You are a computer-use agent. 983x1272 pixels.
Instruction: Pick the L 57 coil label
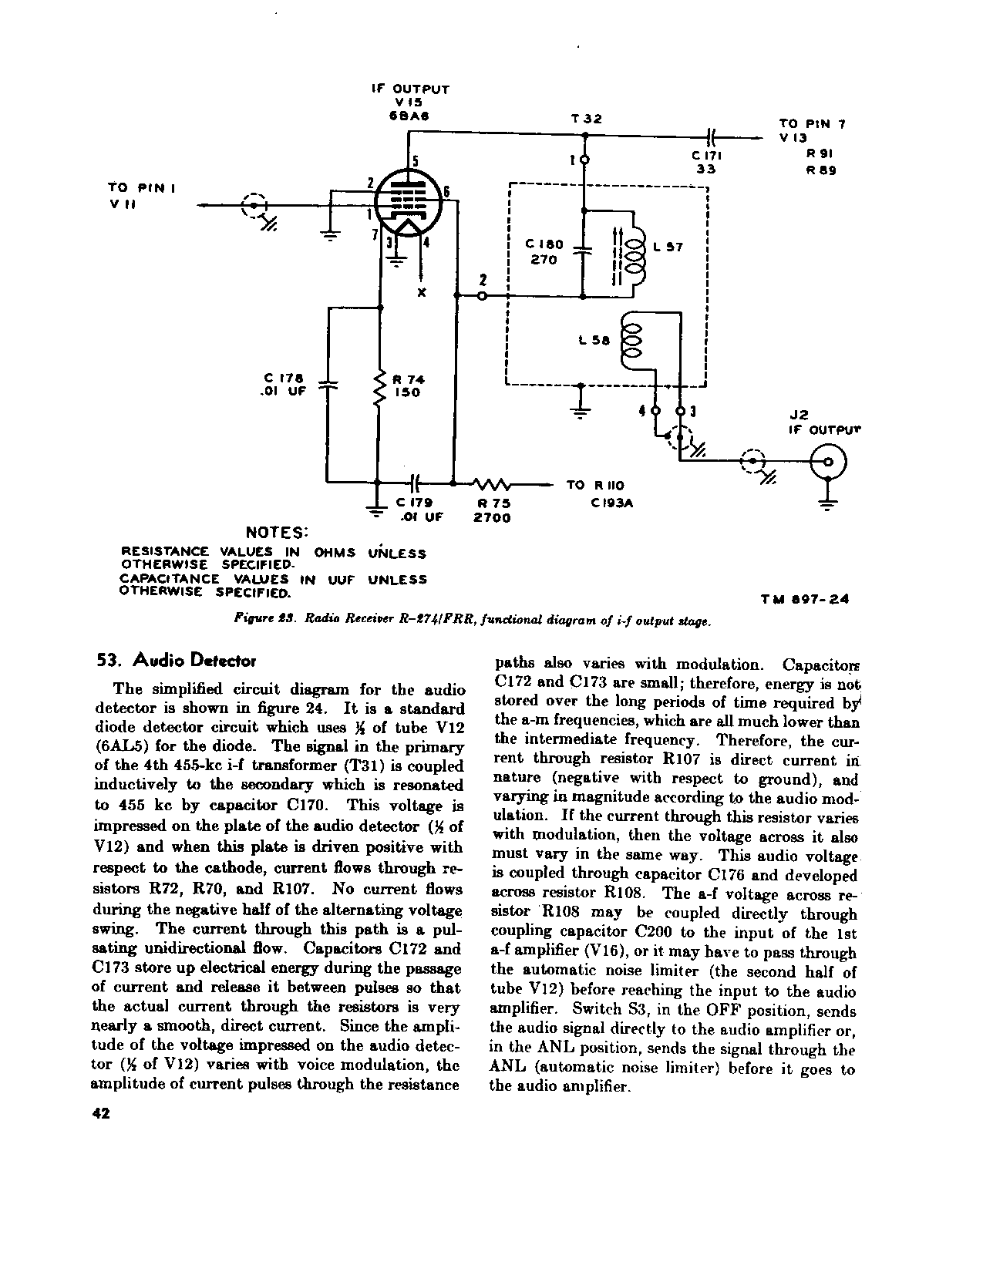[667, 247]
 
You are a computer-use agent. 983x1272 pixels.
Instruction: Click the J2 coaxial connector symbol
[827, 463]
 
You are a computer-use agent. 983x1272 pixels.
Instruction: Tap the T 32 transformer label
[586, 119]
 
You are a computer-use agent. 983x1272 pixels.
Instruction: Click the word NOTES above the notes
[277, 533]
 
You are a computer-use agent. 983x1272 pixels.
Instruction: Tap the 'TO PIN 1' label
[142, 187]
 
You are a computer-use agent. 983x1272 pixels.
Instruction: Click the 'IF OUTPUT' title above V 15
[409, 89]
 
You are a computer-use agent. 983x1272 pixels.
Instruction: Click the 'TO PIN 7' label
[813, 123]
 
